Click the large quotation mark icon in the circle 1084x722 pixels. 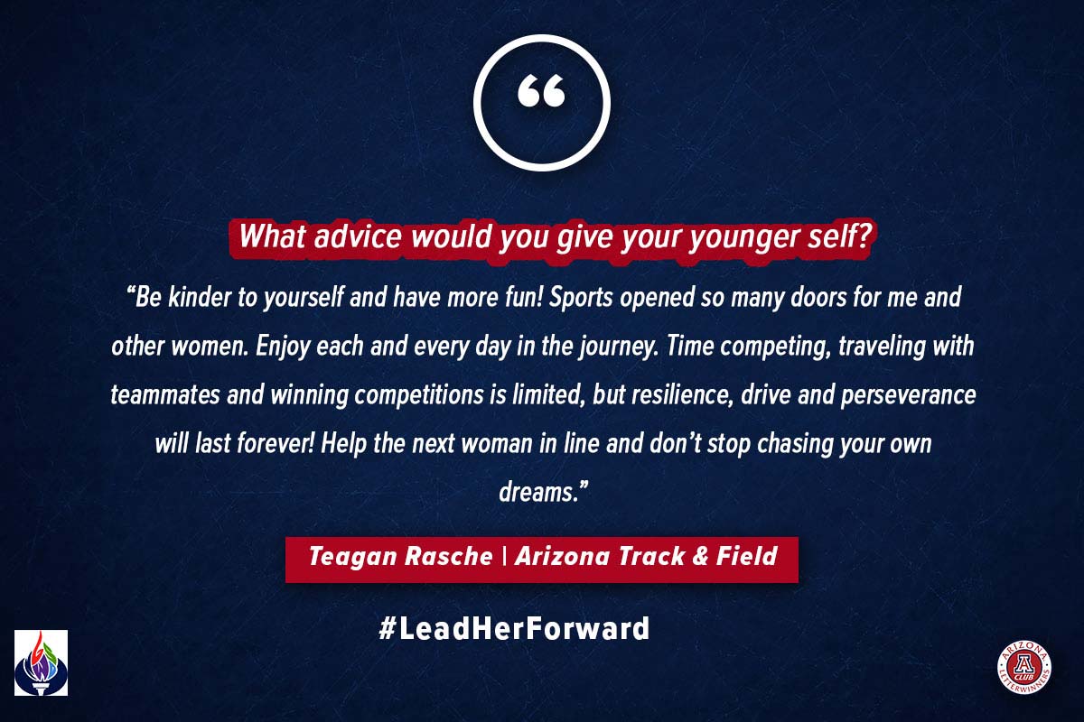point(541,90)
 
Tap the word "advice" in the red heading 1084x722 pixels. point(358,236)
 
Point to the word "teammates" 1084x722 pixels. point(165,395)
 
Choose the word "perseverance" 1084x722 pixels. point(908,396)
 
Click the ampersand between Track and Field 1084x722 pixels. point(699,555)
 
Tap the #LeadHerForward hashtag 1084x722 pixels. point(514,628)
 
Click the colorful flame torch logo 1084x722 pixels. point(42,662)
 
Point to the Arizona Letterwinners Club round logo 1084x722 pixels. point(1023,667)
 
